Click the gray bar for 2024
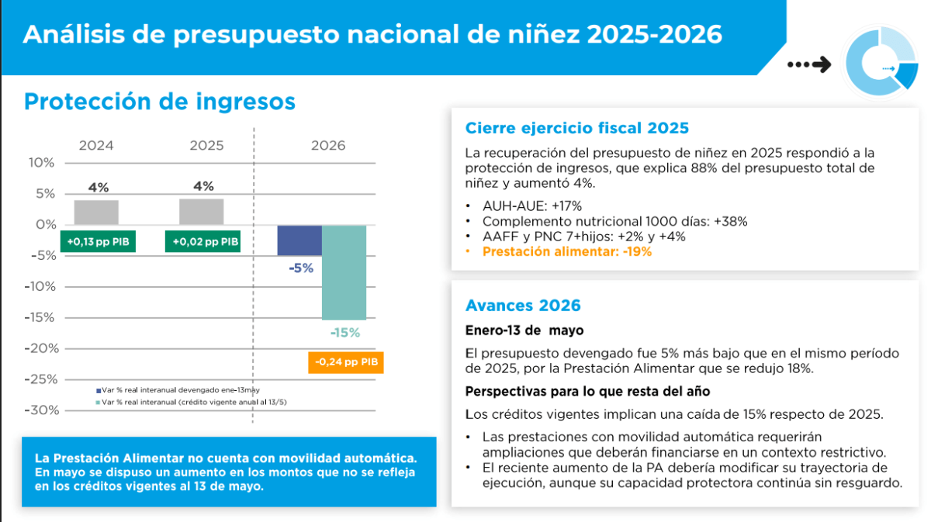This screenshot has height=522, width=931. (x=96, y=213)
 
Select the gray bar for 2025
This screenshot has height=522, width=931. (x=201, y=212)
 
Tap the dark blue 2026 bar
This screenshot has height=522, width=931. (x=299, y=240)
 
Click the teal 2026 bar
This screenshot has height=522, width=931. (x=344, y=273)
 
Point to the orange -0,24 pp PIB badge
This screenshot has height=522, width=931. (x=346, y=362)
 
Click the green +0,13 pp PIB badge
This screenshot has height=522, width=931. (x=98, y=241)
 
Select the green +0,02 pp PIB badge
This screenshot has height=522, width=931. (x=202, y=241)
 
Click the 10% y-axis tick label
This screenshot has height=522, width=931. (x=41, y=163)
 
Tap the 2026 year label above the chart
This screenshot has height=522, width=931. (x=328, y=146)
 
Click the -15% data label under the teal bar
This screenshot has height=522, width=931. (x=345, y=333)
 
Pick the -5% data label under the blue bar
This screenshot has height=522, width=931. (x=301, y=268)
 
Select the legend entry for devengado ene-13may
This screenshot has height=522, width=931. (x=178, y=390)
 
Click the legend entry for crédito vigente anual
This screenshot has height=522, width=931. (x=191, y=403)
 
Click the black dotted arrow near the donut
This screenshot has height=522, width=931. (x=809, y=64)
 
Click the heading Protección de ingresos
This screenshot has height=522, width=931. (x=160, y=102)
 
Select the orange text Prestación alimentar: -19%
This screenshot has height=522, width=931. (x=567, y=252)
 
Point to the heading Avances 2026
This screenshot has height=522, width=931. (x=523, y=306)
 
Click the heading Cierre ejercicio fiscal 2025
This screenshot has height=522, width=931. (x=577, y=128)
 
